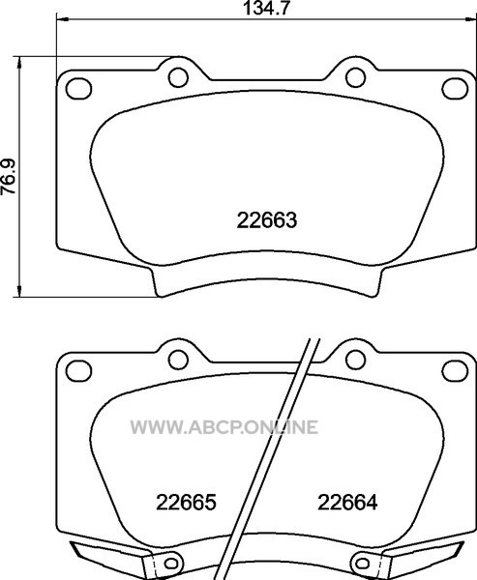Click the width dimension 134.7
(265, 8)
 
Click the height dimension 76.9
(8, 177)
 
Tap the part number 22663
(267, 220)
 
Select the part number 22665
(186, 503)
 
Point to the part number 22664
(347, 503)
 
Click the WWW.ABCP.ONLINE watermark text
(224, 427)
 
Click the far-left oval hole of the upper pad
(78, 89)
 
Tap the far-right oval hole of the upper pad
(455, 89)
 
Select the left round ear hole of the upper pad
(178, 77)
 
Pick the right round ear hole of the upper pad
(355, 77)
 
